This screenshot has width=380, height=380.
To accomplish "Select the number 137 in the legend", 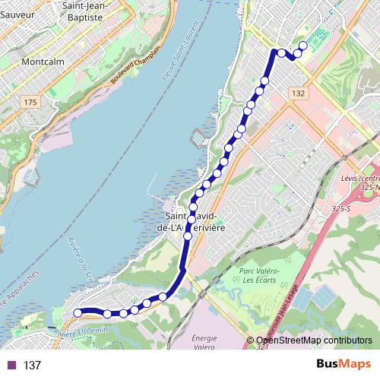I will [32, 366].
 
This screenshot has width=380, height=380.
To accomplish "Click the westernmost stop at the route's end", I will [77, 312].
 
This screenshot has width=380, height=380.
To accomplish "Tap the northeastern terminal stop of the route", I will [302, 46].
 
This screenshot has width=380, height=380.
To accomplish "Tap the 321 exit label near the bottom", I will [262, 347].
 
